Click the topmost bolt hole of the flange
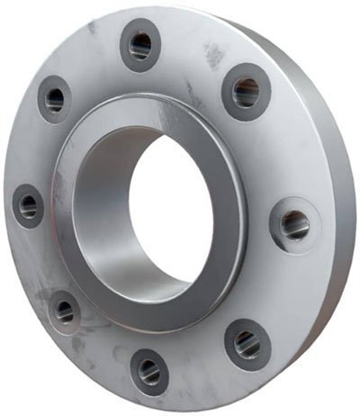[140, 45]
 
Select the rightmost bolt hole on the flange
[292, 224]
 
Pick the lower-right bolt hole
[247, 343]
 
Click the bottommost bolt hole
[149, 368]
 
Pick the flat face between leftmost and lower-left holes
[40, 261]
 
